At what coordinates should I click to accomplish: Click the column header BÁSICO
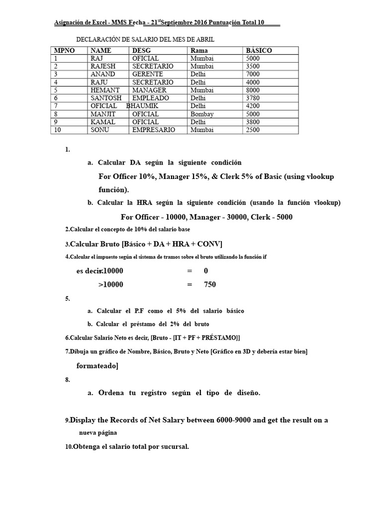pyautogui.click(x=259, y=50)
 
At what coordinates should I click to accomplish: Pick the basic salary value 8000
pyautogui.click(x=253, y=90)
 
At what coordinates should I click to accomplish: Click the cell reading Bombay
pyautogui.click(x=202, y=114)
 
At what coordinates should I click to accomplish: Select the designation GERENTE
pyautogui.click(x=144, y=74)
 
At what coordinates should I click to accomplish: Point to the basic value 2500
pyautogui.click(x=253, y=130)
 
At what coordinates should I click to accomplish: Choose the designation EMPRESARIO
pyautogui.click(x=154, y=130)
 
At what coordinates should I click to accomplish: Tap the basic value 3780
pyautogui.click(x=253, y=98)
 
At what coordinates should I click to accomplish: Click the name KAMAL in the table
pyautogui.click(x=103, y=122)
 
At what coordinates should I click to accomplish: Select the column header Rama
pyautogui.click(x=199, y=50)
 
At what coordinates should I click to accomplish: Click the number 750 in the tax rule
pyautogui.click(x=210, y=285)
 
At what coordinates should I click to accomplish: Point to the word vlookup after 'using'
pyautogui.click(x=319, y=177)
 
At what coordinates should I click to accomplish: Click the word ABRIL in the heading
pyautogui.click(x=204, y=39)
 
